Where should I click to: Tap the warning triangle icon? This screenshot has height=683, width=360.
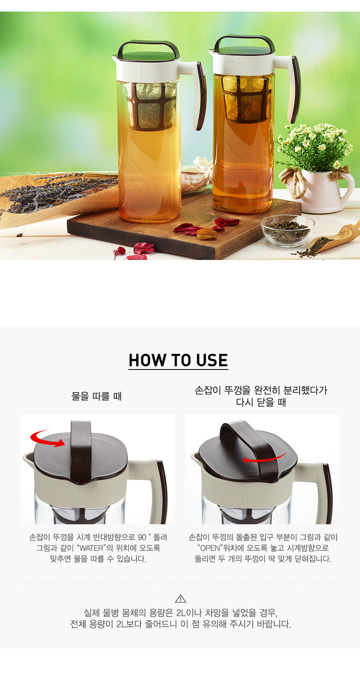pos(180,598)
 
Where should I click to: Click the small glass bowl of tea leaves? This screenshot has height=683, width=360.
pos(288,231)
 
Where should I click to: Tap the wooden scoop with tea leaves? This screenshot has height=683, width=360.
pos(334,238)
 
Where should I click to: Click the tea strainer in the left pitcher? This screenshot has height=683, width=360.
pos(151,106)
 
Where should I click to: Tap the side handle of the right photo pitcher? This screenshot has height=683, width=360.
pos(292,88)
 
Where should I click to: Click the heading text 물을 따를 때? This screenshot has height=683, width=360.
pos(96,396)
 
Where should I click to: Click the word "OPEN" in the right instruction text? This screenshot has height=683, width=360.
pos(210,548)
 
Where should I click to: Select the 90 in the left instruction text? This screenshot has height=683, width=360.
pos(141,537)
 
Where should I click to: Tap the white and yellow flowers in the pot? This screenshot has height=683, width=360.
pos(314,146)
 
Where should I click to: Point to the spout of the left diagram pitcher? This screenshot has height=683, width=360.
pos(28,457)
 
